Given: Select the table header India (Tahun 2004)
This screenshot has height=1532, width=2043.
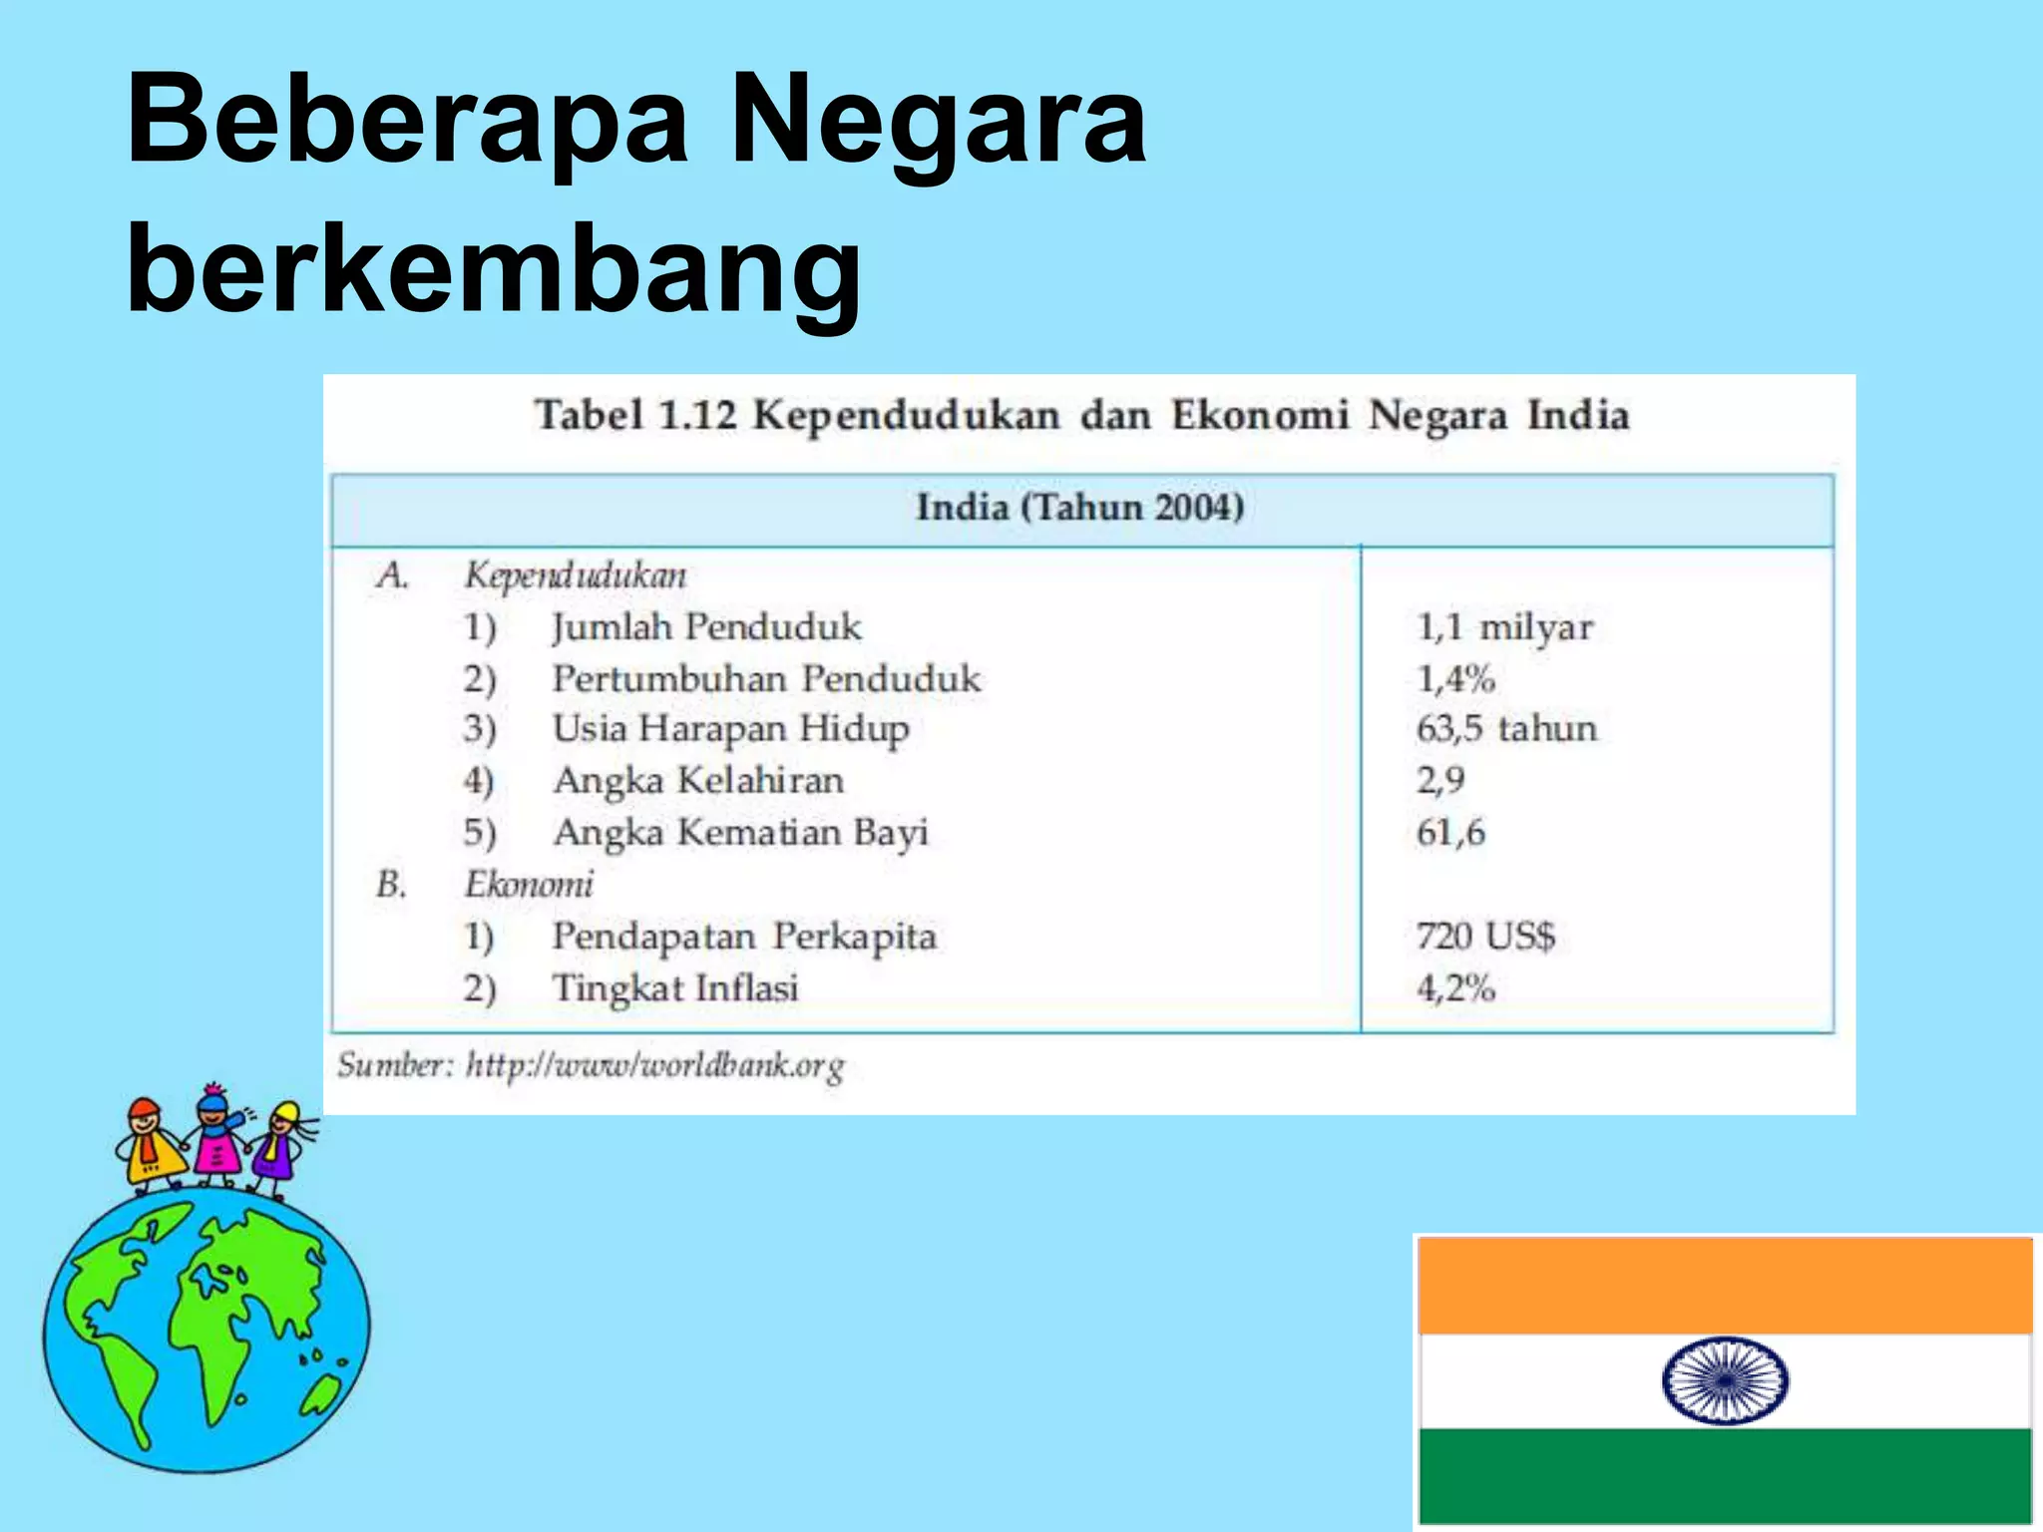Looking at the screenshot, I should coord(1080,508).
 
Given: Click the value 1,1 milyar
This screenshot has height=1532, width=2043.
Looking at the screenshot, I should coord(1504,627).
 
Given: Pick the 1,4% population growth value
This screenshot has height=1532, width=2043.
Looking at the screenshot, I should coord(1455,679).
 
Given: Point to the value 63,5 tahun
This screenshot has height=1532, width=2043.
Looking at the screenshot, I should coord(1506,729).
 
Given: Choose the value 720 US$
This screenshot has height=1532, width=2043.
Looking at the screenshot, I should coord(1485,937).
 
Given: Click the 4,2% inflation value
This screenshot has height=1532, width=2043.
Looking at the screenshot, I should coord(1455,988).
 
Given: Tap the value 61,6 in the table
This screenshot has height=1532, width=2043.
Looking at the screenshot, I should coord(1450,832).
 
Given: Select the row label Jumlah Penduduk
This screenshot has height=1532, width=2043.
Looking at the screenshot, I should coord(706,627).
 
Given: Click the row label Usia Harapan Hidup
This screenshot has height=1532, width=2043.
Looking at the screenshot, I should coord(730,729).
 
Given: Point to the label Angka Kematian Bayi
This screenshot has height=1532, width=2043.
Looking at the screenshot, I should coord(740,832).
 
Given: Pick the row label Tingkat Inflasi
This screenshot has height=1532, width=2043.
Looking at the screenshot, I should coord(675,988).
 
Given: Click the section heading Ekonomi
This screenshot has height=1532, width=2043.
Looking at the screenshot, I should coord(529,885).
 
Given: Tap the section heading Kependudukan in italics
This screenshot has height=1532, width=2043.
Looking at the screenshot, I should coord(576,575).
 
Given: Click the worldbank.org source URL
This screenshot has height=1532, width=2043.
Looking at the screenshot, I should coord(654,1065).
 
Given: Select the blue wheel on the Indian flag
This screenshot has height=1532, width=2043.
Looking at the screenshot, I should coord(1725,1380).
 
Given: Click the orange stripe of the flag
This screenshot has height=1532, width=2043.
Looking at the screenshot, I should coord(1725,1286).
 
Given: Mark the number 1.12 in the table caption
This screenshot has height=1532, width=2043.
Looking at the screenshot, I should coord(696,415).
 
